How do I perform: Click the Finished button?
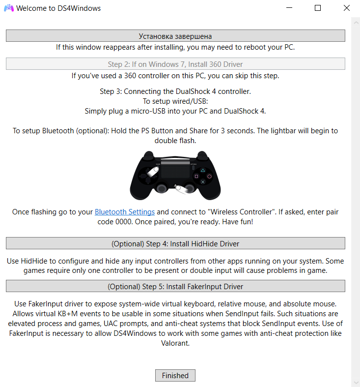click(x=175, y=375)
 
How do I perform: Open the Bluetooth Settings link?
click(x=125, y=212)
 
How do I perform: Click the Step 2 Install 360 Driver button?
click(x=175, y=64)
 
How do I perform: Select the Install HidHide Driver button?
click(x=175, y=243)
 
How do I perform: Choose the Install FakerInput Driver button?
click(x=175, y=286)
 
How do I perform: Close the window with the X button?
click(x=346, y=8)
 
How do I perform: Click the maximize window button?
click(x=318, y=8)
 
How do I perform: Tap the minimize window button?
click(x=289, y=8)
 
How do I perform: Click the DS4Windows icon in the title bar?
click(x=8, y=8)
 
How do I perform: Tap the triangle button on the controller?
click(x=203, y=170)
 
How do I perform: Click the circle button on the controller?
click(x=209, y=176)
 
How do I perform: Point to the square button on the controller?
click(x=196, y=176)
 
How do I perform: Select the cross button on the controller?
click(x=203, y=182)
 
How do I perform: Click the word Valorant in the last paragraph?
click(x=175, y=343)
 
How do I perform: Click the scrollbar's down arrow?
click(x=356, y=383)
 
